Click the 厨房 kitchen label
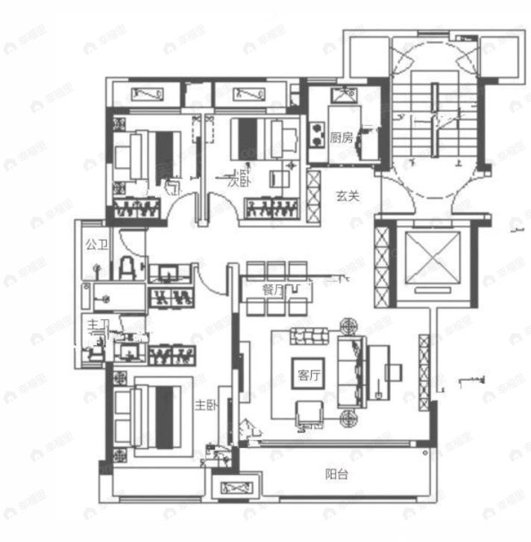pos(342,137)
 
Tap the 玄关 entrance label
pos(347,197)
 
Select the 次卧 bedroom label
pos(238,180)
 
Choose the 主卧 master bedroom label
pos(206,405)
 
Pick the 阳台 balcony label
pos(336,474)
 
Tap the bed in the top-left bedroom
pos(149,154)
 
